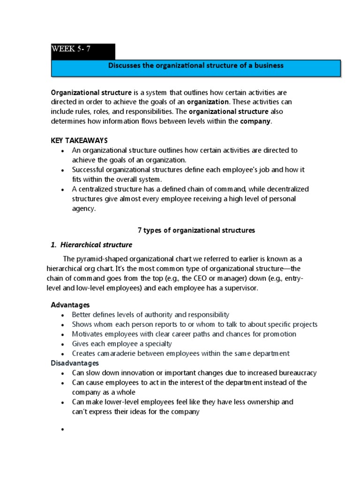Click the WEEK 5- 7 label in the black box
click(71, 50)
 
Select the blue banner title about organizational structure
click(195, 66)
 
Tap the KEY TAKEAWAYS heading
click(79, 141)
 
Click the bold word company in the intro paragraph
click(255, 121)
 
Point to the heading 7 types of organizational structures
click(196, 230)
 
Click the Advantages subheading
click(70, 305)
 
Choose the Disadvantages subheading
click(75, 363)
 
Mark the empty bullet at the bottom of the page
click(62, 430)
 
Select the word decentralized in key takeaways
click(288, 189)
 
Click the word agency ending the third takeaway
click(83, 209)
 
